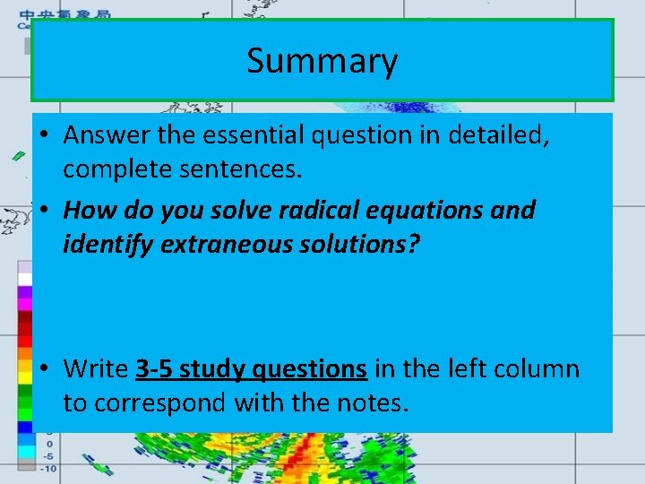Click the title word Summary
coord(322,61)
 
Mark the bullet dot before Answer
coord(43,136)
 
